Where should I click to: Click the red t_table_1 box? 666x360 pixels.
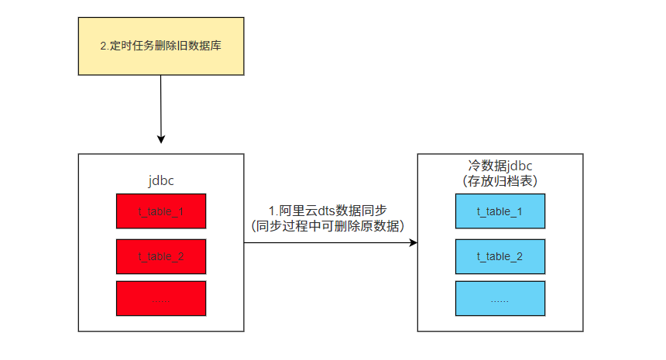[x=161, y=211]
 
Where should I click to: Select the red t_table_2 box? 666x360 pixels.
[x=161, y=255]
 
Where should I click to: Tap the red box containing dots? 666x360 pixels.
[x=161, y=298]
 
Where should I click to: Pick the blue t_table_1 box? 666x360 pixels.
[x=499, y=211]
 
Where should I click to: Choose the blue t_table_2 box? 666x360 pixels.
[x=499, y=255]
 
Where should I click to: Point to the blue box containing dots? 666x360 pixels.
[x=499, y=298]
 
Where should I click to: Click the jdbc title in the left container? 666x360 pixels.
[x=161, y=181]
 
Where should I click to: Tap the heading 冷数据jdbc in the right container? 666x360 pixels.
[x=499, y=166]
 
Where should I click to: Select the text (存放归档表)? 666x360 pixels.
[x=499, y=181]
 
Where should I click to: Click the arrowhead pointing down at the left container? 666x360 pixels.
[x=161, y=139]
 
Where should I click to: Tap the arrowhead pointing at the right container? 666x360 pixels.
[x=413, y=243]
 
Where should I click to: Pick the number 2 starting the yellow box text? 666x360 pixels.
[x=104, y=46]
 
